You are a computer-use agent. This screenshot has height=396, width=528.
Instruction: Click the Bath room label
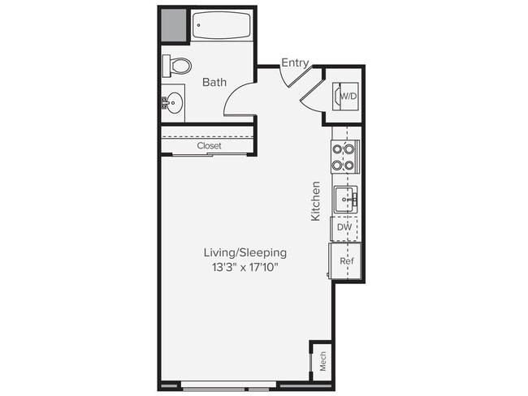point(214,82)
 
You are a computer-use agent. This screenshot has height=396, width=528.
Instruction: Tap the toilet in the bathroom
point(178,65)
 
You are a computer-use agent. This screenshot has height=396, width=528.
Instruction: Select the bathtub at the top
point(220,25)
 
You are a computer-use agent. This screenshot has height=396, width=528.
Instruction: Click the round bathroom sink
point(173,102)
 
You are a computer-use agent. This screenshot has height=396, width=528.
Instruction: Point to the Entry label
point(294,62)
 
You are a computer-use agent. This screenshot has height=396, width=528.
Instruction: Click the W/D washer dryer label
point(348,97)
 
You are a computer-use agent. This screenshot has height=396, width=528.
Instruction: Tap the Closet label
point(209,146)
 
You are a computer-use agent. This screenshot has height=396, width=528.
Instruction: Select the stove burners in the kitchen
point(344,157)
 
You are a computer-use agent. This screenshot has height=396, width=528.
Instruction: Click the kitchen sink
point(345,197)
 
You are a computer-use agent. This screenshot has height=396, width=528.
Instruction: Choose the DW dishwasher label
point(344,229)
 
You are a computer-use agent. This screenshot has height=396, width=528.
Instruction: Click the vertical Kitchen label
point(316,201)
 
